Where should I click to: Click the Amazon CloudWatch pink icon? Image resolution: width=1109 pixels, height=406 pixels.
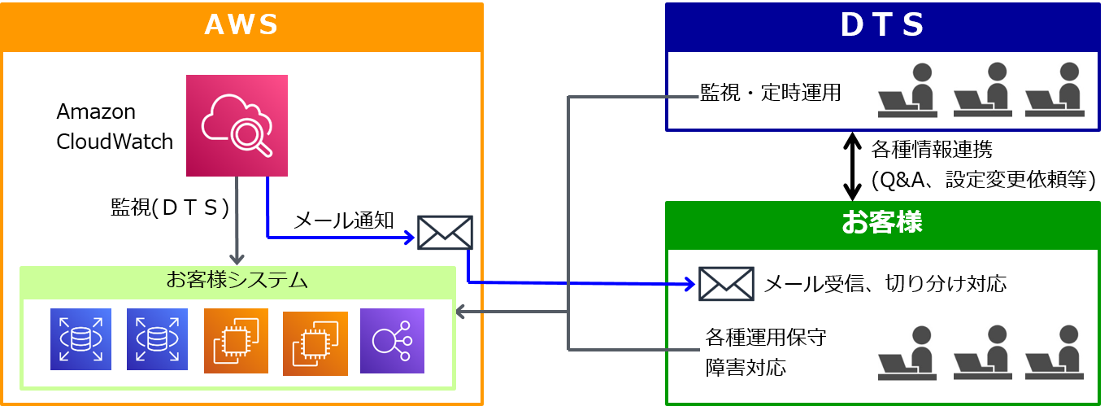[x=237, y=125]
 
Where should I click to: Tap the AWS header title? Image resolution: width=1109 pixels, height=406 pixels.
[x=241, y=25]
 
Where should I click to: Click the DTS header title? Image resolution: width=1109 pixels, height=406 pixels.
[x=882, y=25]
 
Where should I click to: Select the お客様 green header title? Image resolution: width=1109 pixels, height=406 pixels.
[x=882, y=222]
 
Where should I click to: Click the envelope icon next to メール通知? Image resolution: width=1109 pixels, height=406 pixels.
[x=445, y=233]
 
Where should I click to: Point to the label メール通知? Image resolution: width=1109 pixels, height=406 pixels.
[x=343, y=220]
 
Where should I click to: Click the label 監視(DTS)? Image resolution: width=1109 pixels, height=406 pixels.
[x=169, y=207]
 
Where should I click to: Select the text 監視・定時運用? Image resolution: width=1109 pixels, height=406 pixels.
[x=770, y=93]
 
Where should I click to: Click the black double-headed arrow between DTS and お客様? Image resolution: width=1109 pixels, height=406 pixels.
[x=851, y=166]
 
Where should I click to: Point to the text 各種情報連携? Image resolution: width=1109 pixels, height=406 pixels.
[x=932, y=150]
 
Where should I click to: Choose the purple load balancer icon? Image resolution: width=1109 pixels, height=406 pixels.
[x=392, y=341]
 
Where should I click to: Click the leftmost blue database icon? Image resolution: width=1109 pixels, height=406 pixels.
[x=80, y=341]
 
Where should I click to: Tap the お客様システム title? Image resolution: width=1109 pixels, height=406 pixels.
[x=237, y=282]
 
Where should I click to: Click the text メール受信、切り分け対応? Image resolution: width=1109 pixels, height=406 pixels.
[x=885, y=284]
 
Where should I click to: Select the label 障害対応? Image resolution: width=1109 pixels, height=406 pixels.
[x=746, y=367]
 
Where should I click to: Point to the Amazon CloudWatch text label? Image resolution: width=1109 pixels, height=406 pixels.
[x=115, y=126]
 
